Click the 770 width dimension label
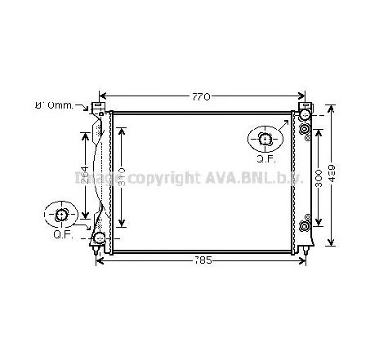coord(200,96)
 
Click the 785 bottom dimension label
coord(202,261)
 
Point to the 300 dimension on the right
coord(319,177)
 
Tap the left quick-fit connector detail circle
coord(62,216)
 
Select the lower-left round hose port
coord(100,238)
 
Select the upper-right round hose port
coord(304,115)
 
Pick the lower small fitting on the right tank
coord(305,225)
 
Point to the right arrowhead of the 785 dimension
coord(305,261)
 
